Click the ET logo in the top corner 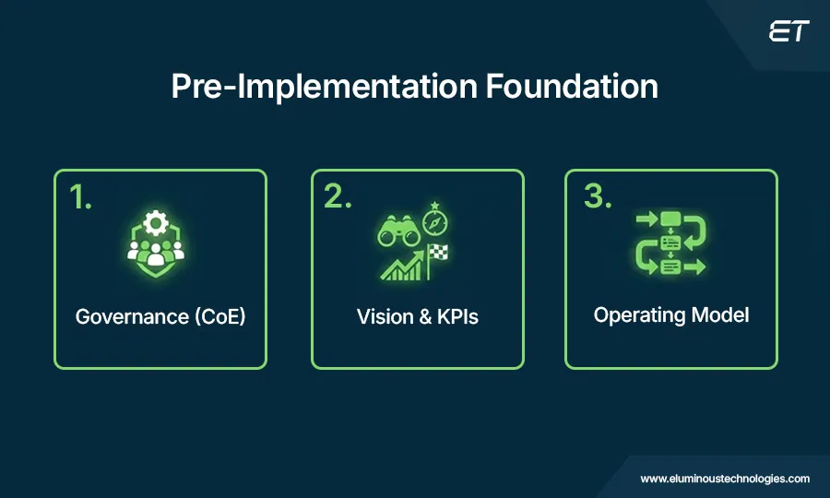click(788, 32)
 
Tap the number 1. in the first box click(81, 198)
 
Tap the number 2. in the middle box click(338, 198)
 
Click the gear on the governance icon click(155, 224)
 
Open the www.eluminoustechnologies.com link click(725, 479)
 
